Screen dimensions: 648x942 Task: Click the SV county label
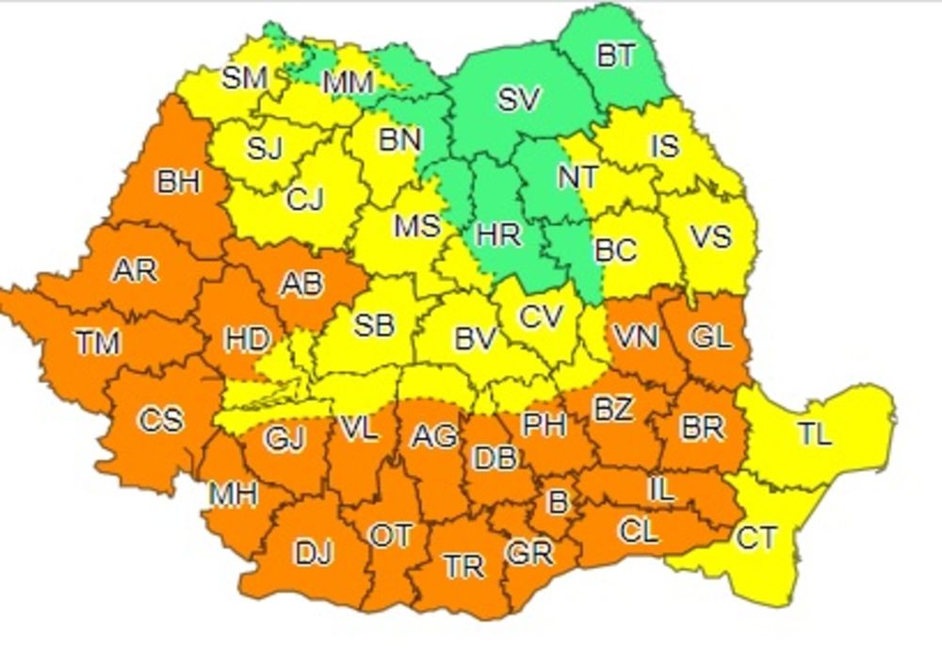[x=518, y=99]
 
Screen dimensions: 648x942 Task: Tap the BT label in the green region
[x=616, y=56]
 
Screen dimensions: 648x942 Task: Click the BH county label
[x=179, y=181]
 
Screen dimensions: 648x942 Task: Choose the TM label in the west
[x=98, y=344]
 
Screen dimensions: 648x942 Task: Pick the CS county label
[x=160, y=419]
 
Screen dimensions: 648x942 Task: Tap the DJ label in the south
[x=314, y=554]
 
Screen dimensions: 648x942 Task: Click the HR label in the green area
[x=498, y=234]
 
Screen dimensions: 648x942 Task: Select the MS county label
[x=416, y=226]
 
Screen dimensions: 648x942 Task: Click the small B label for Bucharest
[x=558, y=503]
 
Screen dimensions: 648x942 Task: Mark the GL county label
[x=712, y=336]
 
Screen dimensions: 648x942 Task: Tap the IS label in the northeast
[x=664, y=146]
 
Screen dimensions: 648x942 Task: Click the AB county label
[x=303, y=283]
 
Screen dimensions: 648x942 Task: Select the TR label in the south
[x=463, y=566]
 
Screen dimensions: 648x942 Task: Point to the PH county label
[x=544, y=425]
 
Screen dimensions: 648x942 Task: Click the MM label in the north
[x=349, y=83]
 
